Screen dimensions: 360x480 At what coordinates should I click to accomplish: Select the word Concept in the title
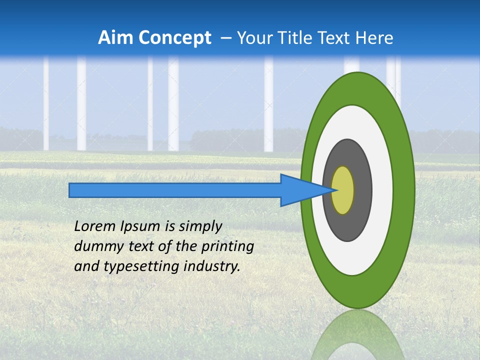point(174,38)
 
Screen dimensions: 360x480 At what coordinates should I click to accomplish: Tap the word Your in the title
point(254,38)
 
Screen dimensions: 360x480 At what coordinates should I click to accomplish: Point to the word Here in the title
point(375,38)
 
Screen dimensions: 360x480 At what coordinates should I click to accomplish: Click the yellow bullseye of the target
point(343,190)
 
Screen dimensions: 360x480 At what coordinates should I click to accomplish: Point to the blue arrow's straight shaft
point(175,190)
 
